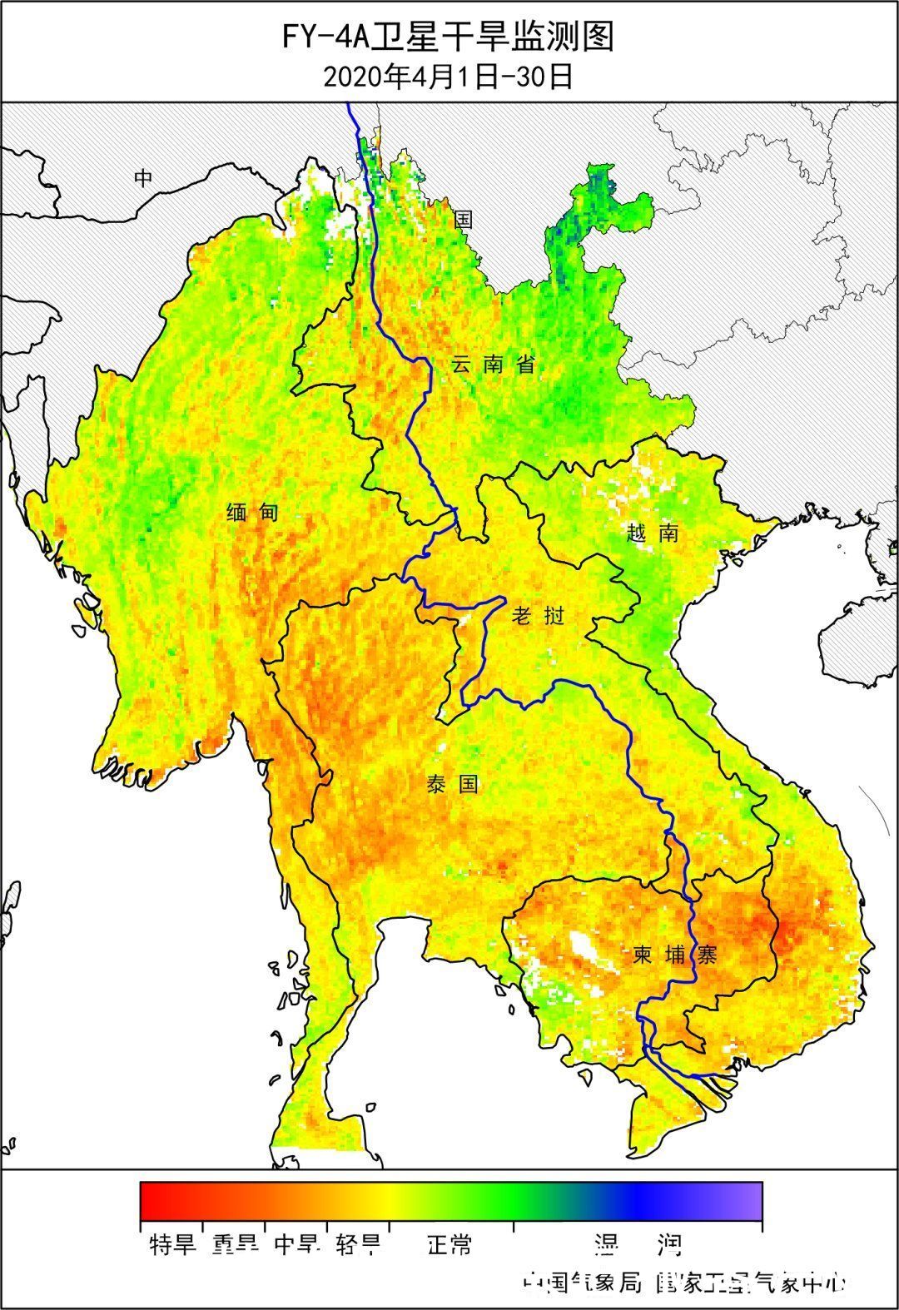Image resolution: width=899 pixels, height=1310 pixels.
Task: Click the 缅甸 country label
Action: coord(253,513)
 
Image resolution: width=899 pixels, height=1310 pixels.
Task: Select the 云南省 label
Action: coord(493,365)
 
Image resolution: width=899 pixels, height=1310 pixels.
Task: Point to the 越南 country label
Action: coord(653,533)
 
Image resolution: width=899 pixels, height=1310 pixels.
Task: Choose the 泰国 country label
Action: coord(453,783)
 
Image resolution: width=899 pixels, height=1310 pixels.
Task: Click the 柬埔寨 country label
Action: coord(674,955)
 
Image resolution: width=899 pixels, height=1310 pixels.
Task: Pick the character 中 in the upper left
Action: coord(145,177)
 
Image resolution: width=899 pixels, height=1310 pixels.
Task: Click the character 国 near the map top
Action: coord(464,219)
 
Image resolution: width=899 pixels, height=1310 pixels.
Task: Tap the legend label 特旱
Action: coord(172,1245)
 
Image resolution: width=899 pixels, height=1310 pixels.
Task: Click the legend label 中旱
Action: coord(296,1245)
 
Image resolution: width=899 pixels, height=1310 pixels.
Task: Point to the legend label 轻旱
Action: coord(359,1245)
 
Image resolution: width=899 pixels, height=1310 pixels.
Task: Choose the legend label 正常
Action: coord(449,1245)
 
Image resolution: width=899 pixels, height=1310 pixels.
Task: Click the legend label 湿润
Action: coord(638,1245)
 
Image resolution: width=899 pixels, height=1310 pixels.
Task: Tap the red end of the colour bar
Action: coord(150,1200)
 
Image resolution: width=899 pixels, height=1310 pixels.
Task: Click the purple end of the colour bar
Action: coord(752,1200)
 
